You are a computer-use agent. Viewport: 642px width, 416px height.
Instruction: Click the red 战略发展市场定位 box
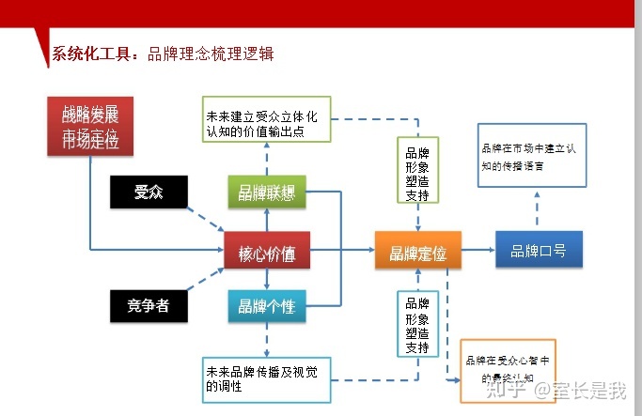click(89, 126)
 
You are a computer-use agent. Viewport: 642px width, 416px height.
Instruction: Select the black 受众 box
click(149, 193)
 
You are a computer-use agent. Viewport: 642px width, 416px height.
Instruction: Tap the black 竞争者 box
click(149, 305)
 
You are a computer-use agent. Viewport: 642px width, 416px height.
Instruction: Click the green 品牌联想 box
click(267, 193)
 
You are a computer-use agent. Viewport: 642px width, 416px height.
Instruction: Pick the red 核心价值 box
click(267, 251)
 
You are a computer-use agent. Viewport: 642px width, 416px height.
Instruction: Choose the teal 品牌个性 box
click(267, 305)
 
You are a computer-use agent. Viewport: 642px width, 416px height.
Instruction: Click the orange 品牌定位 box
click(417, 251)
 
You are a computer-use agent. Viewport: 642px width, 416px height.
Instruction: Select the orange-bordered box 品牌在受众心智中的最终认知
click(508, 370)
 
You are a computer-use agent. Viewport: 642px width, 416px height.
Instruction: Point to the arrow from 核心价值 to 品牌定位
click(342, 251)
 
